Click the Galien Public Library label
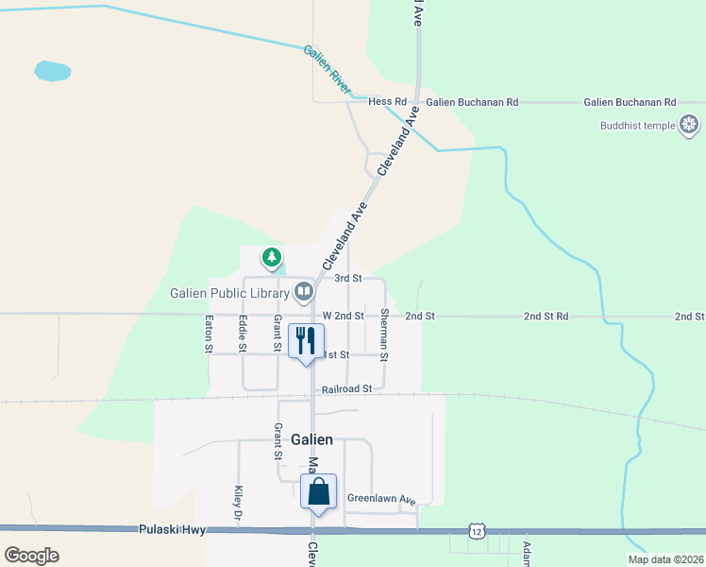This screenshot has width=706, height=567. (229, 292)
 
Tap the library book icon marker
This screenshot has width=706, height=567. (304, 291)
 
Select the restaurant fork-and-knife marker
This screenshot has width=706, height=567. (305, 340)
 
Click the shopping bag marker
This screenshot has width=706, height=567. (318, 491)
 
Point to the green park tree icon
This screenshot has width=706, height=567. (272, 256)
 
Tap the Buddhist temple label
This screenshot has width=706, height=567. (637, 126)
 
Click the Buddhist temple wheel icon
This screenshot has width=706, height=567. (690, 125)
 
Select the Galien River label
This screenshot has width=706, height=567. (327, 69)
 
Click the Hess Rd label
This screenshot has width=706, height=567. (387, 101)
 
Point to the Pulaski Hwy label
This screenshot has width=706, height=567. (170, 529)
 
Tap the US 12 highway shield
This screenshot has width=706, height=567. (475, 533)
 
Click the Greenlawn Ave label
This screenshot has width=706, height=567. (380, 498)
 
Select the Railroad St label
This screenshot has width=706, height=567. (346, 388)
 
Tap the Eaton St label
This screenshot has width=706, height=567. (210, 334)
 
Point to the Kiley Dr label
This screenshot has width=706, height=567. (238, 503)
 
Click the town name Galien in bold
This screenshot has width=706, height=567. (311, 439)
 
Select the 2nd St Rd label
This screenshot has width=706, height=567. (546, 316)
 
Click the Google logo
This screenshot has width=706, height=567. (31, 555)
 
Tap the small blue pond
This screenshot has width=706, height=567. (52, 71)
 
